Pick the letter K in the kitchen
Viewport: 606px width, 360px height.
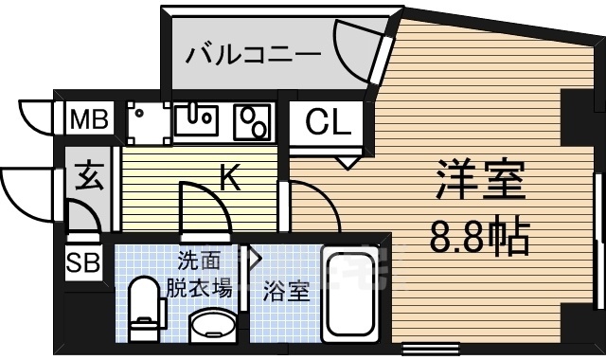coord(228,176)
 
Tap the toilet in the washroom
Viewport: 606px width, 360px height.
coord(143,308)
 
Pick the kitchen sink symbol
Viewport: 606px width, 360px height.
coord(196,119)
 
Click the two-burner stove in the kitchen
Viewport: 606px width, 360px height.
coord(252,120)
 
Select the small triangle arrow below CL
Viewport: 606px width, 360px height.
coord(346,163)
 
